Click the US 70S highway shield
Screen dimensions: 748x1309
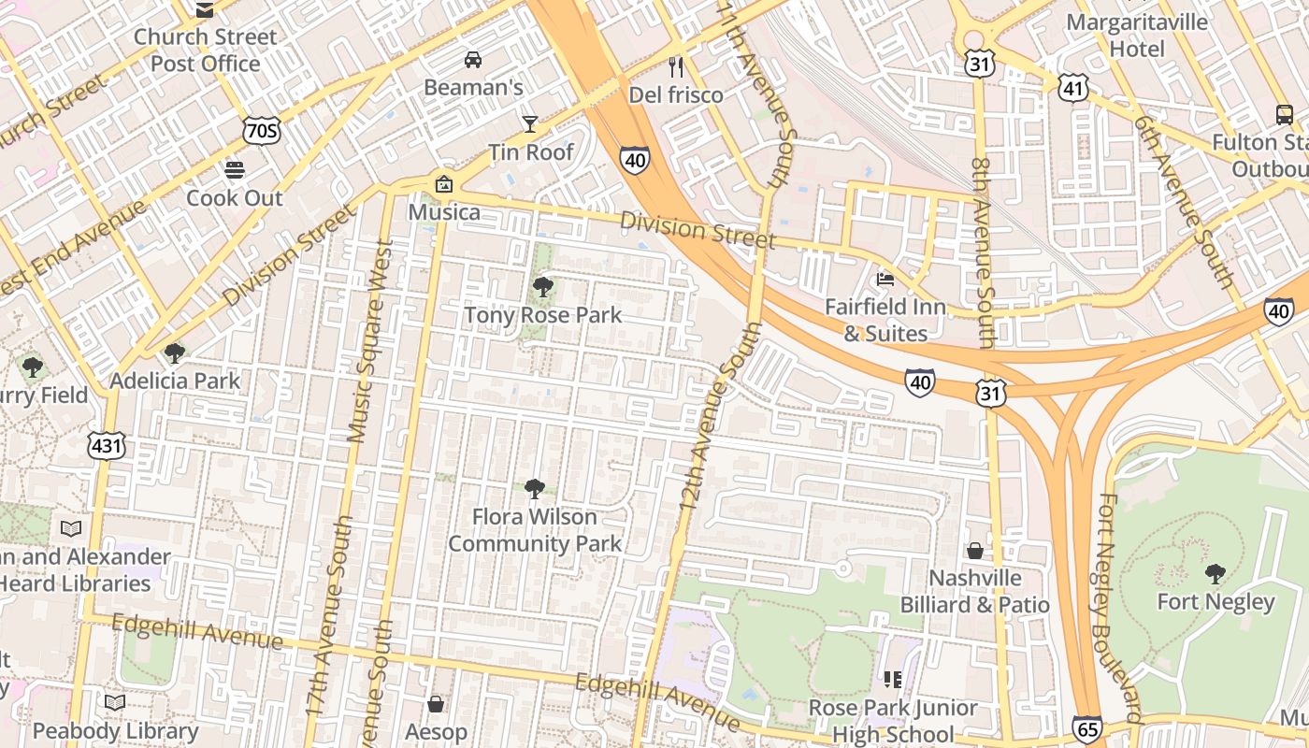tap(261, 131)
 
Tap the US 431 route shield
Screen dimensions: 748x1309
tap(107, 446)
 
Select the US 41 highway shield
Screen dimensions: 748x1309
tap(1073, 88)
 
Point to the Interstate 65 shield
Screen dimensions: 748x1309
tap(1086, 728)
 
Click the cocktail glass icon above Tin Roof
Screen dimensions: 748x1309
tap(530, 124)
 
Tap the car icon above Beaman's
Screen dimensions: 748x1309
tap(473, 60)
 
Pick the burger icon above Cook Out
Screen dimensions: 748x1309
tap(234, 170)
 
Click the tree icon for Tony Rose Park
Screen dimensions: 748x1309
tap(542, 287)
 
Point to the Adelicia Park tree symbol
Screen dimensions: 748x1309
tap(174, 352)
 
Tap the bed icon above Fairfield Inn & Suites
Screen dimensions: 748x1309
tap(885, 279)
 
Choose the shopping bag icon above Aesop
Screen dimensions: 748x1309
tap(435, 703)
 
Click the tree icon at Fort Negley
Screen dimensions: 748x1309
tap(1215, 573)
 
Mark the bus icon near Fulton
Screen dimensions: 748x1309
tap(1285, 115)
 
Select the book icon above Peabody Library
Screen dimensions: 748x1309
tap(115, 701)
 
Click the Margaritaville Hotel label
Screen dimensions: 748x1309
tap(1137, 35)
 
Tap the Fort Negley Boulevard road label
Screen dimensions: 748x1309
tap(1117, 608)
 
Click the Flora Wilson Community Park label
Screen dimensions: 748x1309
tap(535, 529)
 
